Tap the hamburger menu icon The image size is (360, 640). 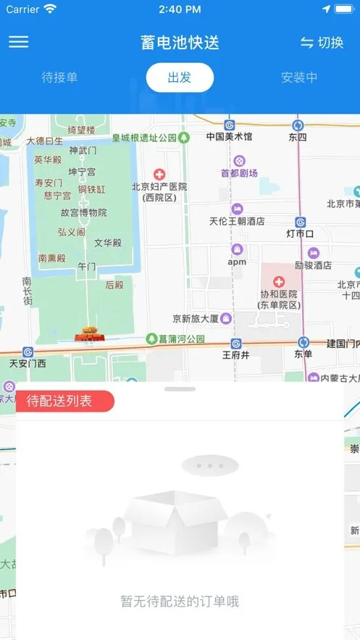(19, 42)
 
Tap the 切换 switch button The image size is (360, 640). (322, 43)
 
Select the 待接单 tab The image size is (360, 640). (59, 78)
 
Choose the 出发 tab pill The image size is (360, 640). (180, 78)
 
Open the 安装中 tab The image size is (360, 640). (299, 78)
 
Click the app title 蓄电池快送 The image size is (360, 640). (180, 43)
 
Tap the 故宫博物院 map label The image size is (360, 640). (83, 212)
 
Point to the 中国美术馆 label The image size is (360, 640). (229, 136)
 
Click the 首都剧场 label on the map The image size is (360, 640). (239, 173)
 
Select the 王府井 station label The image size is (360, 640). (235, 355)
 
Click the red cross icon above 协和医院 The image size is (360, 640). (279, 281)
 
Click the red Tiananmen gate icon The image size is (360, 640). (89, 334)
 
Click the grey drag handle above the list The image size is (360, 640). (180, 389)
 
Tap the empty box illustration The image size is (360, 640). (179, 518)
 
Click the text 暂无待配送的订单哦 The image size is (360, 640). (180, 601)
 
